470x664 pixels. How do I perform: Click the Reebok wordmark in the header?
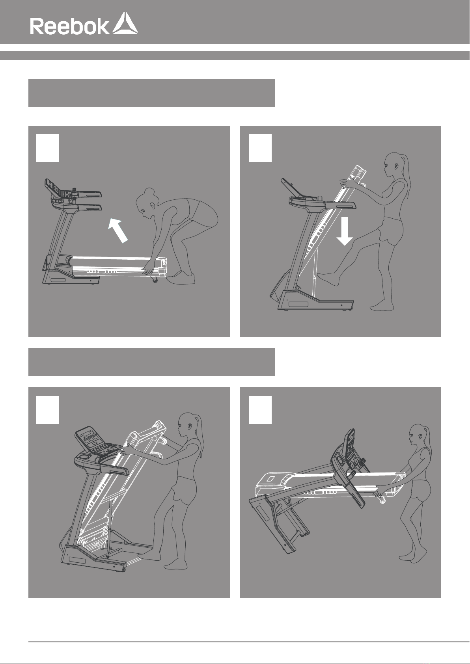(x=70, y=26)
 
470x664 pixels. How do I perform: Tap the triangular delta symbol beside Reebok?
(x=125, y=23)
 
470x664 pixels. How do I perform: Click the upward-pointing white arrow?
(x=118, y=230)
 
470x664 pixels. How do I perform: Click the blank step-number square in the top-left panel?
(x=47, y=148)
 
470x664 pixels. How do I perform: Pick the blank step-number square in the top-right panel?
(x=260, y=148)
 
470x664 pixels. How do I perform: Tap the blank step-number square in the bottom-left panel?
(x=47, y=410)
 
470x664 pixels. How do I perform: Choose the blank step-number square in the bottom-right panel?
(x=260, y=410)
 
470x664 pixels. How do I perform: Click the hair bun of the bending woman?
(x=149, y=192)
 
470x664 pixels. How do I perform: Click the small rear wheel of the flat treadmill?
(x=155, y=279)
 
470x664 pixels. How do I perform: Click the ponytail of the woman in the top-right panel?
(x=406, y=175)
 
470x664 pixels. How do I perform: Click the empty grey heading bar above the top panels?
(x=151, y=93)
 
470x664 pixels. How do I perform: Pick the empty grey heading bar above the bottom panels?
(x=151, y=362)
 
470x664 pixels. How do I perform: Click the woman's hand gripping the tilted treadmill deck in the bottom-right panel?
(x=379, y=492)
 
